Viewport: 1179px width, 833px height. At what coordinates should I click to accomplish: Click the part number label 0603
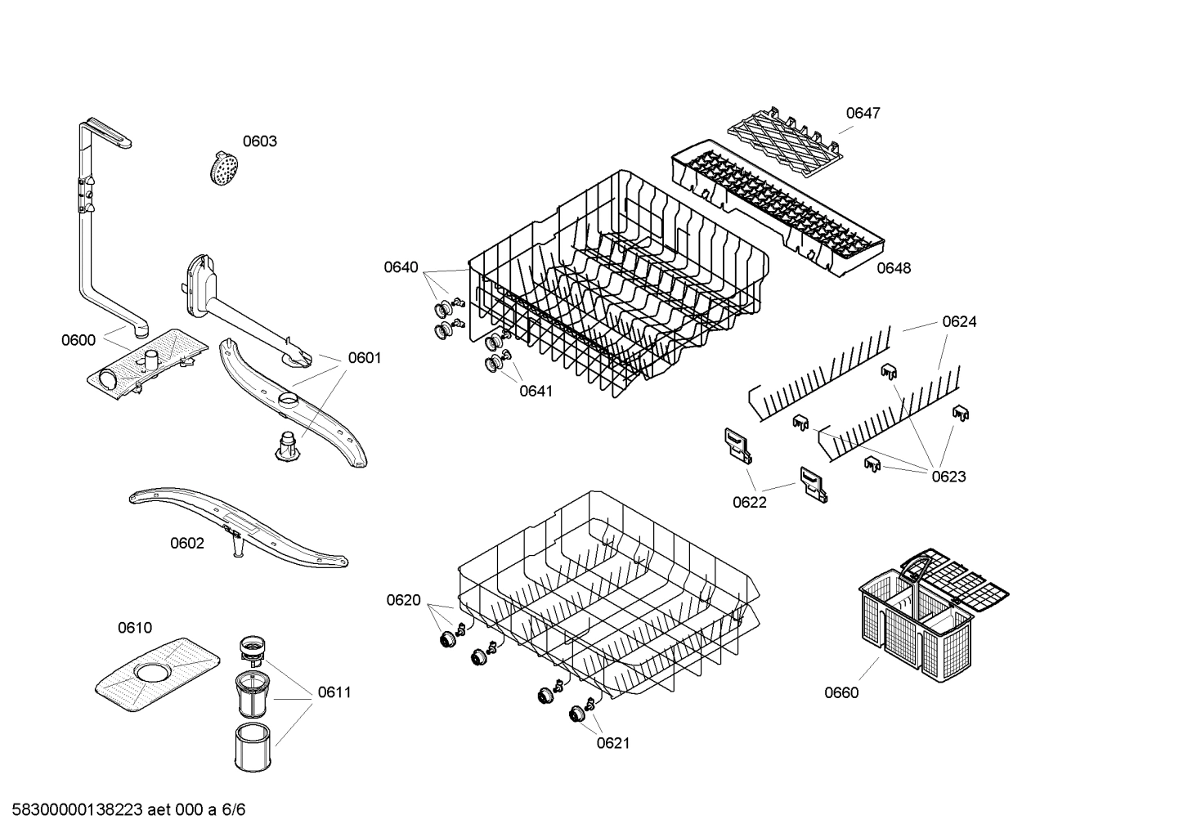point(259,141)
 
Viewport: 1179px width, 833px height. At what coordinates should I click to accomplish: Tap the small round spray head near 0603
point(222,168)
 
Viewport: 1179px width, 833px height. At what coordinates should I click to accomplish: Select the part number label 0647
point(863,114)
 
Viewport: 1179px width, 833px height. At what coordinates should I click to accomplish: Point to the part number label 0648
point(894,268)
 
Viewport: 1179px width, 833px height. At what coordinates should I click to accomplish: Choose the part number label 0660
point(841,693)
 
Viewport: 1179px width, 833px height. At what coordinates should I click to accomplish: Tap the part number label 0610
point(135,628)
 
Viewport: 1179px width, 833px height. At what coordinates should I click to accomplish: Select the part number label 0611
point(334,692)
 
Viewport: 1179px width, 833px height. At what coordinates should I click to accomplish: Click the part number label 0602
point(187,544)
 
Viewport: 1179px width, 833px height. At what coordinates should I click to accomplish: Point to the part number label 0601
point(365,358)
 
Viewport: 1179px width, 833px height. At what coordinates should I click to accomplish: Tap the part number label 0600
point(78,340)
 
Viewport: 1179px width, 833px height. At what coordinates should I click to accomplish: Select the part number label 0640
point(401,267)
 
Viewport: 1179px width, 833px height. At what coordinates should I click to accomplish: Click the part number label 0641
point(536,391)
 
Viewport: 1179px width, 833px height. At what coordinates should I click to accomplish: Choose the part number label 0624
point(959,322)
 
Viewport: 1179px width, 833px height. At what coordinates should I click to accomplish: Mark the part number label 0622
point(750,502)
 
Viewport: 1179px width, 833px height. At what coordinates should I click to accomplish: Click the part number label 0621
point(613,743)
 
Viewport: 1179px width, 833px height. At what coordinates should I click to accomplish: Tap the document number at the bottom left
point(123,810)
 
